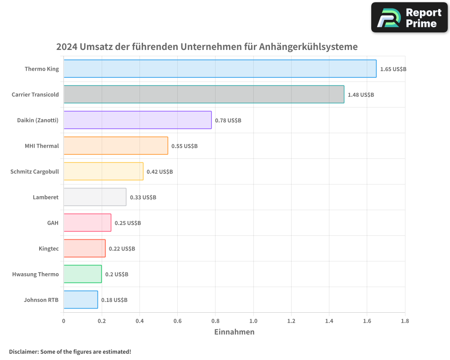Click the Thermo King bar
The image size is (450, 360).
[x=220, y=69]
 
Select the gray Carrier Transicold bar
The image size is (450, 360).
[x=203, y=94]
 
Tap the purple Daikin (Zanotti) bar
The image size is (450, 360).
[x=137, y=120]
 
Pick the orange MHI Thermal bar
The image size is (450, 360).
[x=116, y=146]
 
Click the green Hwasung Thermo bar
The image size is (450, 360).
[x=82, y=274]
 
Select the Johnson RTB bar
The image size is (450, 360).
[x=81, y=300]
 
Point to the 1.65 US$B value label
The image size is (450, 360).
[x=393, y=69]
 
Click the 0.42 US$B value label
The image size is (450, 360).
[x=160, y=172]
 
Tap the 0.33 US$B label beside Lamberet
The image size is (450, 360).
[x=143, y=198]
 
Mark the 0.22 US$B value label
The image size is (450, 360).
[x=122, y=249]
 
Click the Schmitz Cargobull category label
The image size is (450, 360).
[x=35, y=171]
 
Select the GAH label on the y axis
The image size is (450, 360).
[x=53, y=223]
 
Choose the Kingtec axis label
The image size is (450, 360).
[x=49, y=248]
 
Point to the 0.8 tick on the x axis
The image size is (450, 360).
[x=215, y=321]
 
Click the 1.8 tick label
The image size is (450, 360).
[x=405, y=321]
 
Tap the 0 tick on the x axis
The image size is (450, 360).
[x=63, y=321]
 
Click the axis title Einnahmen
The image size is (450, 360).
[x=234, y=332]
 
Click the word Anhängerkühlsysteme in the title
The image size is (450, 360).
[x=308, y=47]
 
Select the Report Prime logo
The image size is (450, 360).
[x=409, y=18]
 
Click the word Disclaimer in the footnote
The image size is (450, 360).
[x=23, y=351]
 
